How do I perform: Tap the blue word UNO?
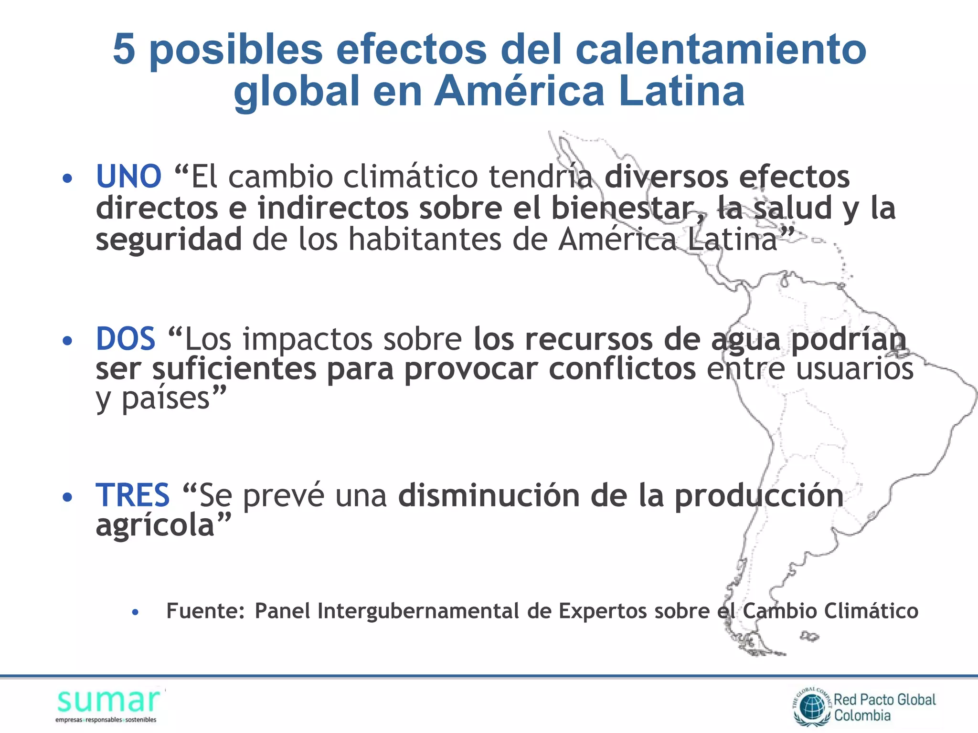click(x=128, y=176)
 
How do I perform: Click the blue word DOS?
click(x=126, y=339)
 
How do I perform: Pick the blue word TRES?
click(x=133, y=495)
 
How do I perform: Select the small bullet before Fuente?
click(x=136, y=612)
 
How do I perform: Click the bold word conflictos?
click(x=622, y=369)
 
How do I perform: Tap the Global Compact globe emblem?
click(x=812, y=707)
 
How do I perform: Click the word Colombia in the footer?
click(x=862, y=715)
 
